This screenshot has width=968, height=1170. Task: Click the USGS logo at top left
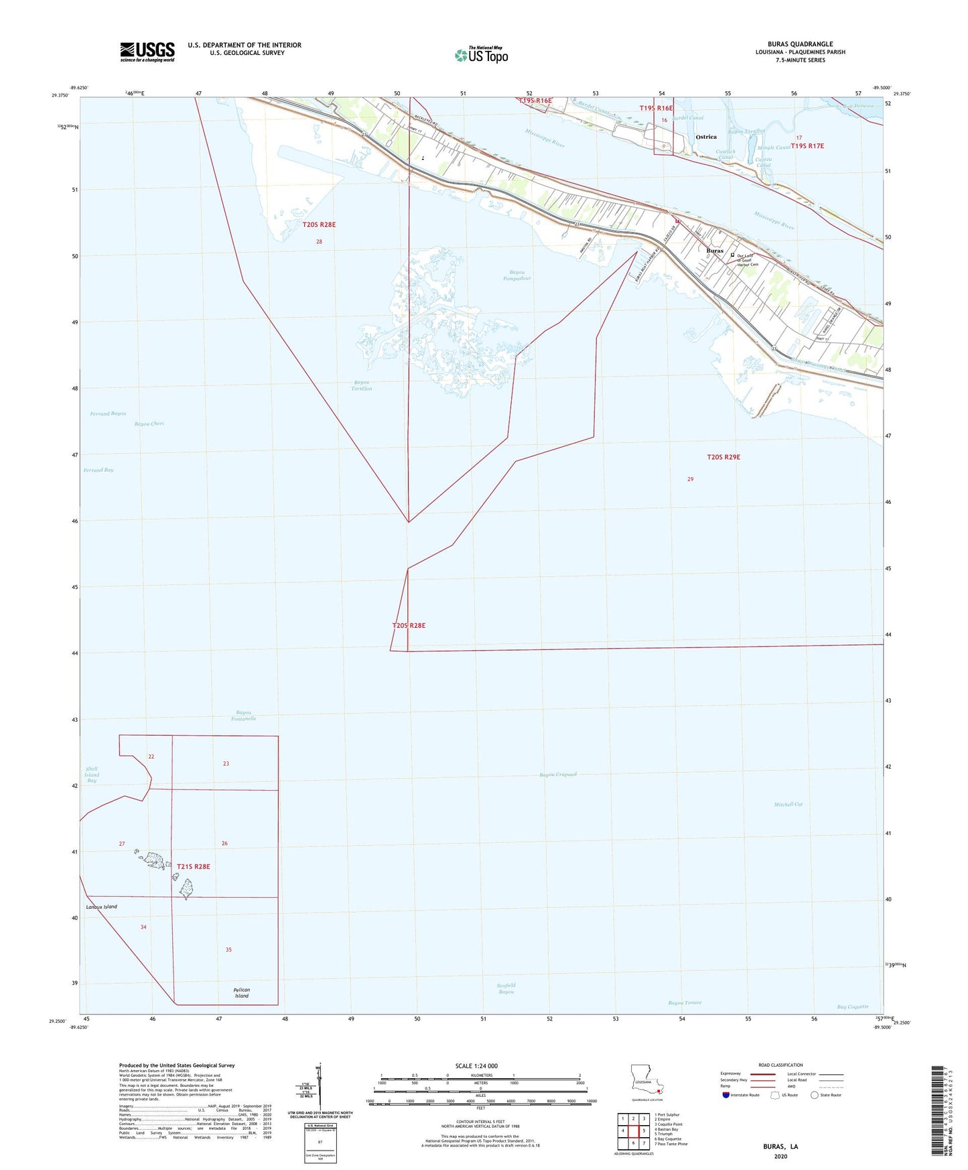[147, 52]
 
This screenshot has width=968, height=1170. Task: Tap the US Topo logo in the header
[481, 55]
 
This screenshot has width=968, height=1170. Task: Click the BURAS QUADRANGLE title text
[800, 44]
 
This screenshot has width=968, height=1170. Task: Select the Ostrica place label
[706, 137]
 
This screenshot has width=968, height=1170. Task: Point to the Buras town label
[715, 251]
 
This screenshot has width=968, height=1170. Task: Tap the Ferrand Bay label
[98, 470]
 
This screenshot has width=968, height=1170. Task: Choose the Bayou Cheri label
[149, 424]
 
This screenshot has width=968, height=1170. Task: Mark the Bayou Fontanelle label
[245, 716]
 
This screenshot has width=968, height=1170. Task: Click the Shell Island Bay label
[92, 775]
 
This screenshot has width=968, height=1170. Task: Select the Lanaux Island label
[101, 907]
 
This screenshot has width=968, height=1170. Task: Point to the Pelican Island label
[241, 992]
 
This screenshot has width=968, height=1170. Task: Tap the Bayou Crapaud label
[558, 775]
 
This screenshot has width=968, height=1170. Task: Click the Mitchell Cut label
[788, 804]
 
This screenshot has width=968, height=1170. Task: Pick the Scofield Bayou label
[506, 988]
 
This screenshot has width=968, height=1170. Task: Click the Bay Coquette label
[852, 1006]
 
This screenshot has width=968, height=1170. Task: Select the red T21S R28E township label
[193, 866]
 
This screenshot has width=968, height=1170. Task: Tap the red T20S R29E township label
[723, 457]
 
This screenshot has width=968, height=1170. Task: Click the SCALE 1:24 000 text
[476, 1066]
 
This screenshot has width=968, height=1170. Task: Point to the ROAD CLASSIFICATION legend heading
[780, 1065]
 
